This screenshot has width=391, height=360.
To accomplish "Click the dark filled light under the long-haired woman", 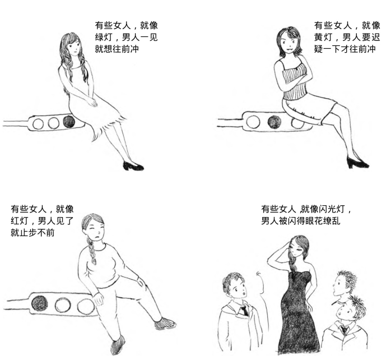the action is pos(69,122).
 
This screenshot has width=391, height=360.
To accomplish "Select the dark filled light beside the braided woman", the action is pos(40,303).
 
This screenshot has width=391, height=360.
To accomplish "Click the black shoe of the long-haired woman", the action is pos(133,166).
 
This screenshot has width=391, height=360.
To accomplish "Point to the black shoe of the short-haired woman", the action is pos(357,162).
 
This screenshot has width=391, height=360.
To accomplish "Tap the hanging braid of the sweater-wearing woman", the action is pos(91,251).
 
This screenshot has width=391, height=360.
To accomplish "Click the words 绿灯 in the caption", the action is pos(103,37).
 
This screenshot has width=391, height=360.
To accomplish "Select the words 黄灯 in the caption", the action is pos(323,37).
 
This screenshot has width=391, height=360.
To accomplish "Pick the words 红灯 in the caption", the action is pos(19,221).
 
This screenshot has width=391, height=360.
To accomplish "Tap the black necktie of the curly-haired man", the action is pos(244,310).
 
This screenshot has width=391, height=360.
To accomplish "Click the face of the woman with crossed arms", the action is pos(288,43).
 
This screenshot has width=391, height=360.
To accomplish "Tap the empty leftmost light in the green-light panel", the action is pos(38,124).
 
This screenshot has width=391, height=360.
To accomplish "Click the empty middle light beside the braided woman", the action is pos(63,305).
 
